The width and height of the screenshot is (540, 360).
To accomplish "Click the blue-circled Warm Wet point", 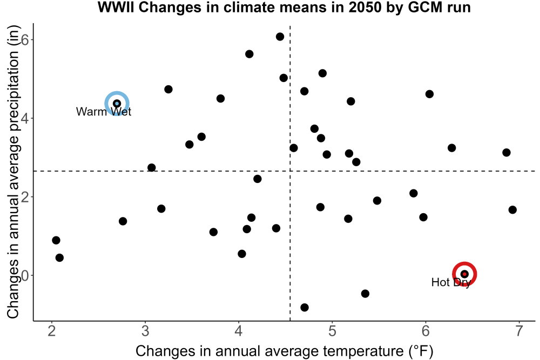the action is pos(117,104).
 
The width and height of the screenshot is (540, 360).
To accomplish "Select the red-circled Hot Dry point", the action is pos(464,274).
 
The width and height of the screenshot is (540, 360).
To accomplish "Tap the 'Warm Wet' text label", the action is pos(104,112).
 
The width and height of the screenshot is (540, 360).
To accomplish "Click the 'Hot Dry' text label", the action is pos(451,282).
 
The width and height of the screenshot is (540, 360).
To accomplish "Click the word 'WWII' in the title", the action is pos(116,7).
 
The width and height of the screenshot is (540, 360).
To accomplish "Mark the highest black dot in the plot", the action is pos(280,37).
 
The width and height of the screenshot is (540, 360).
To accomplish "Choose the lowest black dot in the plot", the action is pos(305,307).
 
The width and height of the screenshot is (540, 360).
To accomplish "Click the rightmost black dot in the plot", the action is pos(512,209).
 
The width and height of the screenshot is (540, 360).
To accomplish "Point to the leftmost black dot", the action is pos(56,240).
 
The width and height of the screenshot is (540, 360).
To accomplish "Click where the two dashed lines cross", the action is pos(290,171).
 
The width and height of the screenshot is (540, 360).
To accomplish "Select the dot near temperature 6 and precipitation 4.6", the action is pos(429,94).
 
